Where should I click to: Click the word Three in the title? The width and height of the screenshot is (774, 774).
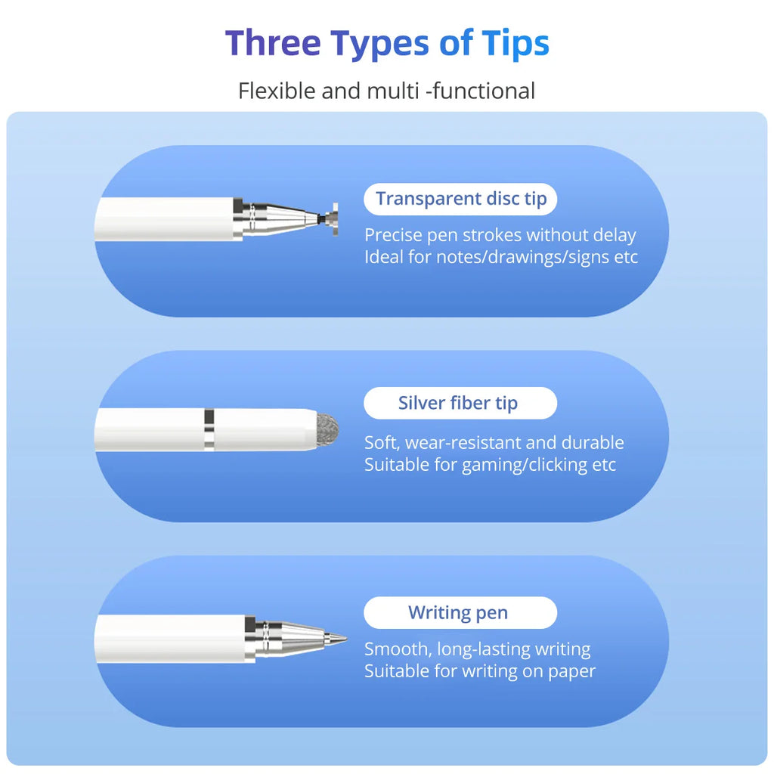click(x=273, y=43)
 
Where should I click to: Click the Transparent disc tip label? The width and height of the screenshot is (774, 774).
click(x=460, y=199)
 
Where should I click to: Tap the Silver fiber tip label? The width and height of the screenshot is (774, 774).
click(x=458, y=404)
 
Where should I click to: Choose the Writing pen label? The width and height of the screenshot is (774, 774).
click(x=458, y=612)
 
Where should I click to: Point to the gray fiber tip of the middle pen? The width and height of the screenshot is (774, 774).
click(x=327, y=430)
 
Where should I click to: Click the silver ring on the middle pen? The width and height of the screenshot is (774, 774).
click(x=209, y=430)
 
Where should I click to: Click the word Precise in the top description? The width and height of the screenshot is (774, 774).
click(x=392, y=235)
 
